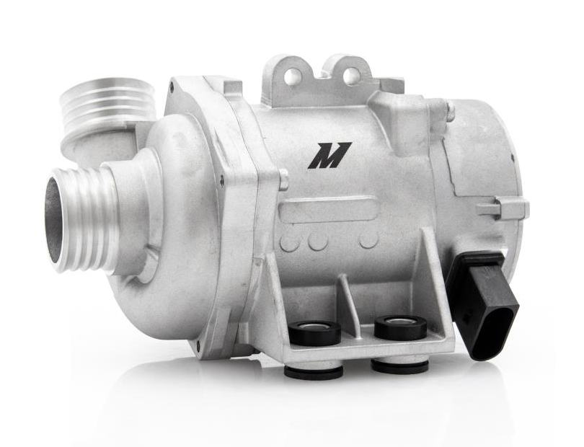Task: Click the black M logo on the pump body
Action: coord(329,155)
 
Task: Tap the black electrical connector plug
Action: coord(482,303)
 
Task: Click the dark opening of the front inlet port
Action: coord(54,219)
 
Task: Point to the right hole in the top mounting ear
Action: coord(350,76)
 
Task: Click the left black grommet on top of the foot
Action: coord(314,332)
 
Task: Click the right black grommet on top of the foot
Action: coord(400,327)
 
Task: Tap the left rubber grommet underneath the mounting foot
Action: coord(314,372)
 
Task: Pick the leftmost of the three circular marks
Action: coord(290,242)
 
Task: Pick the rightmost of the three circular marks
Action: coord(368,239)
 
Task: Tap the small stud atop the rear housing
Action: coord(450,112)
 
